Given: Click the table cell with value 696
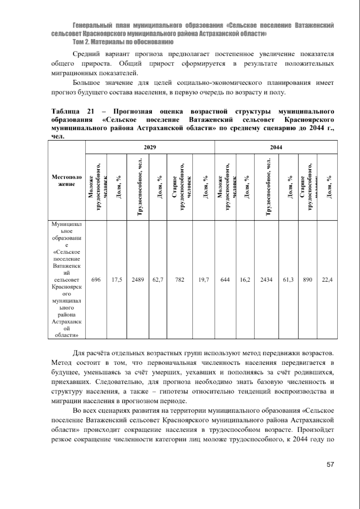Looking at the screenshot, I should tap(96, 280).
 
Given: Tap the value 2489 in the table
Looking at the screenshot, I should tap(138, 280).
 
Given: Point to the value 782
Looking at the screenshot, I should tap(180, 280).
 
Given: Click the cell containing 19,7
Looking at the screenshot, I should tap(204, 280).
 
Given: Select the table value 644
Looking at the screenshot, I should tap(225, 280).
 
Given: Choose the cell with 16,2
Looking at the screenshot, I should tap(245, 280).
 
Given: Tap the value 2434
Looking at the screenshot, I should tap(266, 280).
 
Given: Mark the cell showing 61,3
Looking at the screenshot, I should tap(288, 280).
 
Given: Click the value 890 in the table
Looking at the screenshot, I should tap(307, 280).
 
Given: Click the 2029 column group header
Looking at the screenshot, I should tap(150, 147).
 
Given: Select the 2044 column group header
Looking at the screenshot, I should tap(276, 147).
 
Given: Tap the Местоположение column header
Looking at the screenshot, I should tap(67, 180).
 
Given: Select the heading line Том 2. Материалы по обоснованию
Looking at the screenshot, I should tap(123, 42).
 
